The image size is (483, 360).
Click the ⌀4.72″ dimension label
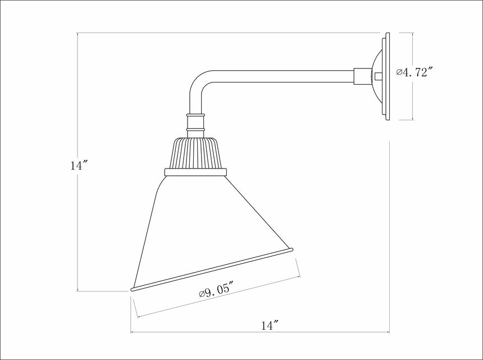tap(414, 72)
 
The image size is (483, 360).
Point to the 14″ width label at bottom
tap(270, 325)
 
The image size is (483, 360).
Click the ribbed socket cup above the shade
tap(195, 153)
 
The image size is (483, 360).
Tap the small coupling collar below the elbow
tap(195, 124)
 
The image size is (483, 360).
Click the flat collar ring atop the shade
tap(195, 172)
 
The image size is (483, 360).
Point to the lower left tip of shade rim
tap(133, 289)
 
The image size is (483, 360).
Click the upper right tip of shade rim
tap(291, 249)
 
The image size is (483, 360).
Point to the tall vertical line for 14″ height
tap(77, 225)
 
